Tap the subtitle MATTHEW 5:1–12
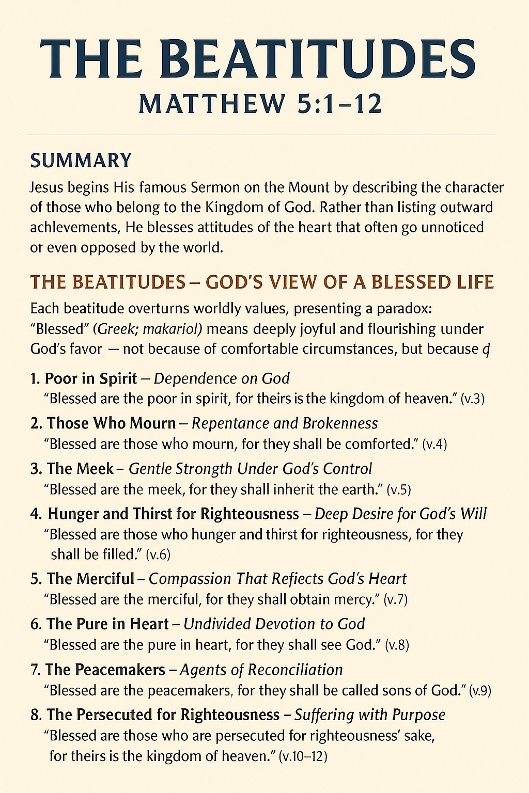point(260,103)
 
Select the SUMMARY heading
point(81,161)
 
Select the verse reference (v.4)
point(434,445)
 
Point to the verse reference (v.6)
point(158,555)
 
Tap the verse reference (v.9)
point(480,691)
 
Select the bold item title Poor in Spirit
point(91,378)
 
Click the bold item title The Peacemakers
point(105,670)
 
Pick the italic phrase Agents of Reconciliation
point(261,670)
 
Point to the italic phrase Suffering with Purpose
point(370,715)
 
